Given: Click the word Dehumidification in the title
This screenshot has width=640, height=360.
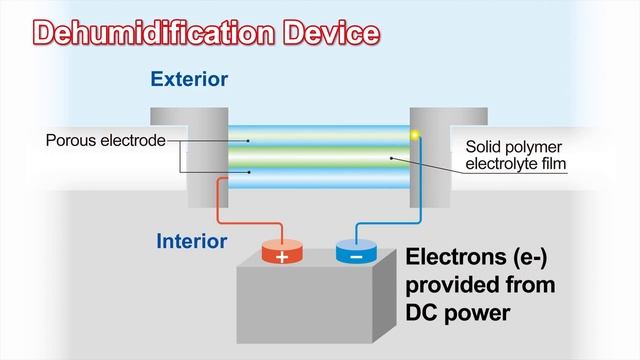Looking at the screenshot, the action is pyautogui.click(x=154, y=32).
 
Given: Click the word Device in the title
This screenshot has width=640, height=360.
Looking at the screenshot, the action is pyautogui.click(x=331, y=32).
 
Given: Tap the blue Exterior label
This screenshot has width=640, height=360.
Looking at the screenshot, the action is pyautogui.click(x=189, y=79).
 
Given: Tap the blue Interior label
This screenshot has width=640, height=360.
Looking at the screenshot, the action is pyautogui.click(x=191, y=241).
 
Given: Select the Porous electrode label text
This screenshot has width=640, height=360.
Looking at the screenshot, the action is pyautogui.click(x=106, y=140).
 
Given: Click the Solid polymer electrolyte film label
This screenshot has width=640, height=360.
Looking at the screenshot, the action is pyautogui.click(x=516, y=155).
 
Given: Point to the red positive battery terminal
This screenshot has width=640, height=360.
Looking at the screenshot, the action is pyautogui.click(x=282, y=251).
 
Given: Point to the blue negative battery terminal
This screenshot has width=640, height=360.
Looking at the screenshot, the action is pyautogui.click(x=356, y=251).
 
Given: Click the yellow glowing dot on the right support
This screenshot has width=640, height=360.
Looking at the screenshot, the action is pyautogui.click(x=415, y=135).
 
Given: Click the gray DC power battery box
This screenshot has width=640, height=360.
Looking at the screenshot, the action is pyautogui.click(x=316, y=300).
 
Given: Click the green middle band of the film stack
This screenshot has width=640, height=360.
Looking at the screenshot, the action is pyautogui.click(x=319, y=157).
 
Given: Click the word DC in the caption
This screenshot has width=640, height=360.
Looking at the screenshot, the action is pyautogui.click(x=420, y=313).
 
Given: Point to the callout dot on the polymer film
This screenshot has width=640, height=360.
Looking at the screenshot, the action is pyautogui.click(x=391, y=158).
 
